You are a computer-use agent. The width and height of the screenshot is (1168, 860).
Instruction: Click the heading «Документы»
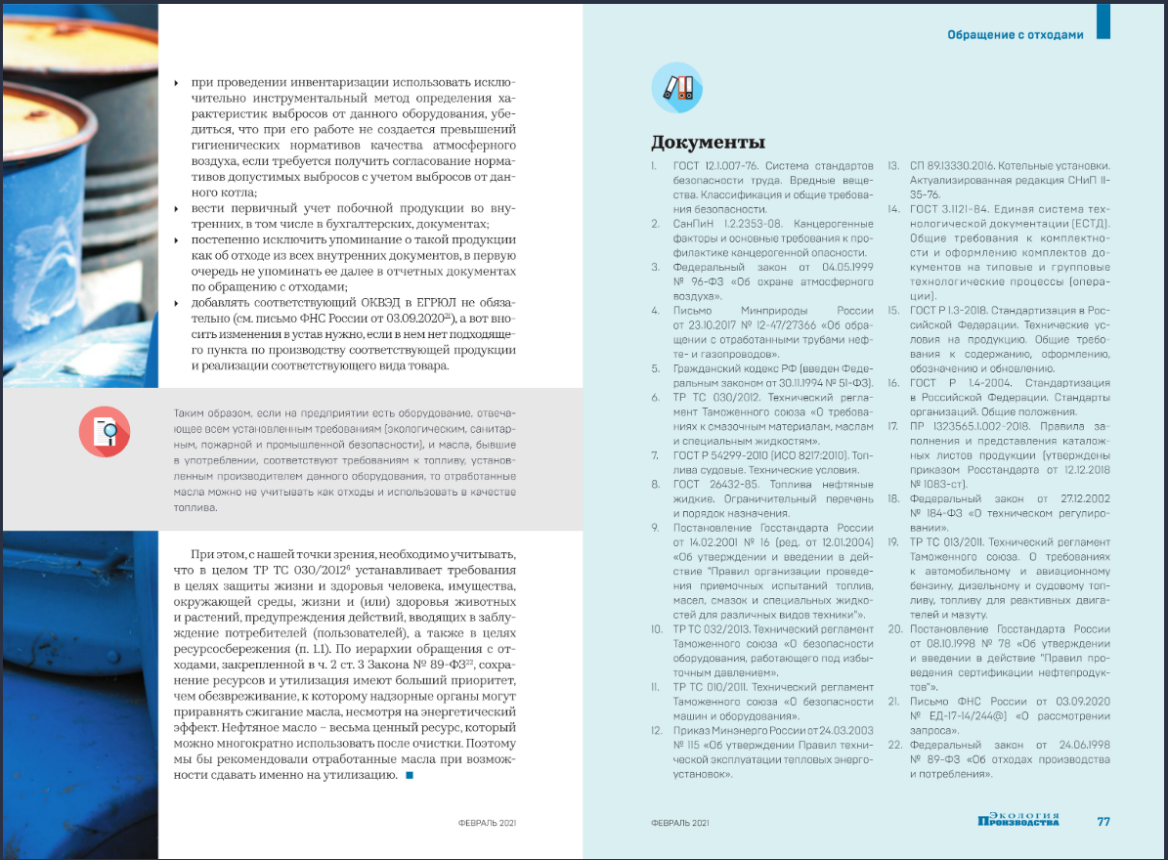coord(708,143)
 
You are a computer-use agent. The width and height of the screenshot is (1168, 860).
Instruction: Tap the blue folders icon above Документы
coord(677,87)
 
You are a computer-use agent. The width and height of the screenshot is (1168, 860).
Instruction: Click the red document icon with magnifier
coord(104,431)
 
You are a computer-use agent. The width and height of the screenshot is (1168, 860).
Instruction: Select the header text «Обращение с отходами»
coord(1015,35)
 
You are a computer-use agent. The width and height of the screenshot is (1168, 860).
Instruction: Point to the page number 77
coord(1103,822)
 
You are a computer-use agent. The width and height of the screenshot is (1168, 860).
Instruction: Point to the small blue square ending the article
coord(410,776)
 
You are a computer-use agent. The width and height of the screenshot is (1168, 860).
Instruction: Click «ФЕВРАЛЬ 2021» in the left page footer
coord(487,823)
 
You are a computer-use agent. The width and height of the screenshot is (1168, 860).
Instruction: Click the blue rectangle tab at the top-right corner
coord(1103,21)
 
